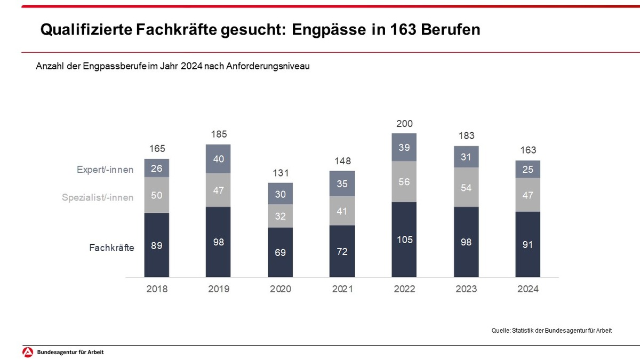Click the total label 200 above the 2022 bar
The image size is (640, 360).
click(404, 124)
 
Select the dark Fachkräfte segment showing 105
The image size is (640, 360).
click(404, 239)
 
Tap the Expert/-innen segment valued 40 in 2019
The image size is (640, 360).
click(219, 159)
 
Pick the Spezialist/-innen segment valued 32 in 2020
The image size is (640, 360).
click(281, 216)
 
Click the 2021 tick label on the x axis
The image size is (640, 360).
click(342, 290)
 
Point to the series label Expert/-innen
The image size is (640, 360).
click(105, 170)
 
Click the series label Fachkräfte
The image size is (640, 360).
click(111, 247)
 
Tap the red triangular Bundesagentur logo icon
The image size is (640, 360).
click(28, 353)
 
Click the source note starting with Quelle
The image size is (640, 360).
click(551, 331)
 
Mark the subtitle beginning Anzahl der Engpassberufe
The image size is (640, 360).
click(173, 67)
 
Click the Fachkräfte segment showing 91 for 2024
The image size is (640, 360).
click(528, 244)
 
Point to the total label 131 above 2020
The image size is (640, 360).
click(281, 173)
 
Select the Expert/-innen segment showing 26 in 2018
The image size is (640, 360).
click(157, 168)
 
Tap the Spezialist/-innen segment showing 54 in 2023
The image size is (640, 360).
click(466, 187)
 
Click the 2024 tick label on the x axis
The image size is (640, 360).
click(528, 290)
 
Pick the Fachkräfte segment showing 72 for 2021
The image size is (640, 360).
click(342, 251)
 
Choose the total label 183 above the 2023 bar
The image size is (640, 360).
click(466, 136)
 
